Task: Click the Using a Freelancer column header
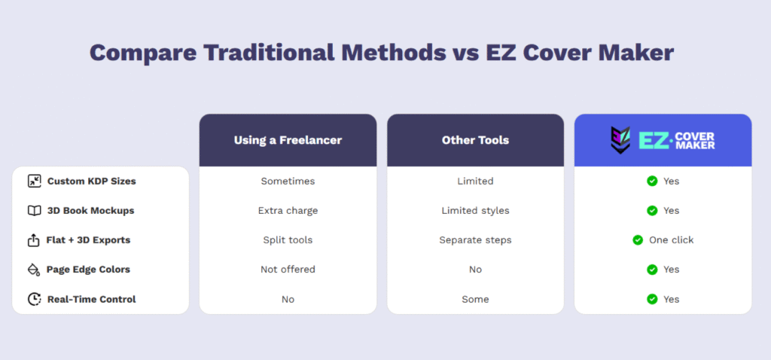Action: (288, 140)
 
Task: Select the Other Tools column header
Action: (475, 140)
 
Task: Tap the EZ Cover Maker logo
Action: (663, 140)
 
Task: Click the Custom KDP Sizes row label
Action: (91, 181)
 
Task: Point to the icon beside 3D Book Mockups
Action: (34, 211)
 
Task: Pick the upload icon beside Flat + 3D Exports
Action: (34, 240)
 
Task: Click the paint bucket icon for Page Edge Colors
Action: (34, 270)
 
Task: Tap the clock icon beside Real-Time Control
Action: (34, 299)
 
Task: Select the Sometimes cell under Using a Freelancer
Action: (288, 181)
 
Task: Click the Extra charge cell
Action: (288, 211)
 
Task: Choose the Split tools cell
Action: (288, 240)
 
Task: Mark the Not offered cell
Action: (288, 270)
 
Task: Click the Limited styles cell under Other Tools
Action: (475, 211)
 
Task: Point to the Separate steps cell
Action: (475, 240)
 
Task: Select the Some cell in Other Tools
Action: (475, 299)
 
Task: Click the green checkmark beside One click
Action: (638, 240)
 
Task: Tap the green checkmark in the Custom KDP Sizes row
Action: (652, 181)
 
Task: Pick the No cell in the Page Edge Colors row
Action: (475, 270)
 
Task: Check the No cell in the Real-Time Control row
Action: (288, 299)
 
